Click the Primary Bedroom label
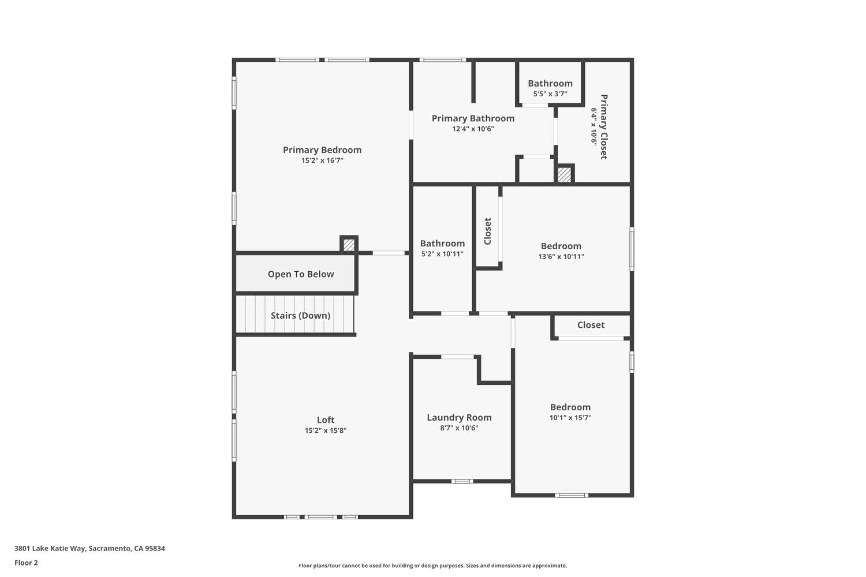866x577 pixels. point(322,150)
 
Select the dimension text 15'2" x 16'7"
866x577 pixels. point(322,161)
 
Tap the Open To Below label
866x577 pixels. point(301,274)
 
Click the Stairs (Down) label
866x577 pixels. point(300,316)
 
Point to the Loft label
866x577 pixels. point(326,420)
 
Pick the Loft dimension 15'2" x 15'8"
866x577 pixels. point(326,430)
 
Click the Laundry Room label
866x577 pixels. point(459,417)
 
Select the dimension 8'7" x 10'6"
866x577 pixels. point(459,428)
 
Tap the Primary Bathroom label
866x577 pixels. point(473,118)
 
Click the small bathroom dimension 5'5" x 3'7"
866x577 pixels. point(550,94)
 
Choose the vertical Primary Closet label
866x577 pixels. point(604,127)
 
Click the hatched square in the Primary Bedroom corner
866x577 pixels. point(349,245)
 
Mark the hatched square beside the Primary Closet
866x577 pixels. point(564,175)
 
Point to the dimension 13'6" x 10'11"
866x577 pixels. point(561,257)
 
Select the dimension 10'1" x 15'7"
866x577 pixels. point(570,418)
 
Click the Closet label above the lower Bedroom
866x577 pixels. point(591,325)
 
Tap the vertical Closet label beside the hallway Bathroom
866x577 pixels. point(487,231)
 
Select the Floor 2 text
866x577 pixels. point(26,563)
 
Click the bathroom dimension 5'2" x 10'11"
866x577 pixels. point(442,254)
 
